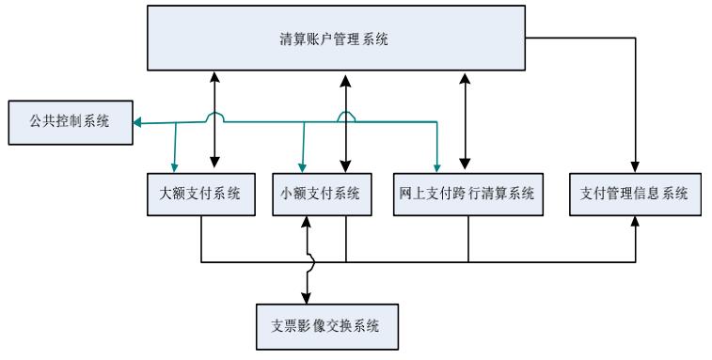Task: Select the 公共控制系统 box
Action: click(x=66, y=123)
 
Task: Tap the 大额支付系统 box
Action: click(x=201, y=195)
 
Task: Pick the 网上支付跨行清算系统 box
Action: click(x=467, y=195)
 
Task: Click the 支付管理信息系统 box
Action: click(x=636, y=195)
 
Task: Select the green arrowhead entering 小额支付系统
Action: click(x=300, y=166)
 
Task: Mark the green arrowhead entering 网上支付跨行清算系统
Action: click(x=437, y=166)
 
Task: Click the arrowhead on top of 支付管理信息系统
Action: click(x=636, y=167)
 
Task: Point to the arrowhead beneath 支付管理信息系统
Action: click(x=636, y=223)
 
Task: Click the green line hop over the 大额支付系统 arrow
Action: click(x=215, y=117)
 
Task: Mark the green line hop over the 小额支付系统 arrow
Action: click(x=346, y=117)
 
